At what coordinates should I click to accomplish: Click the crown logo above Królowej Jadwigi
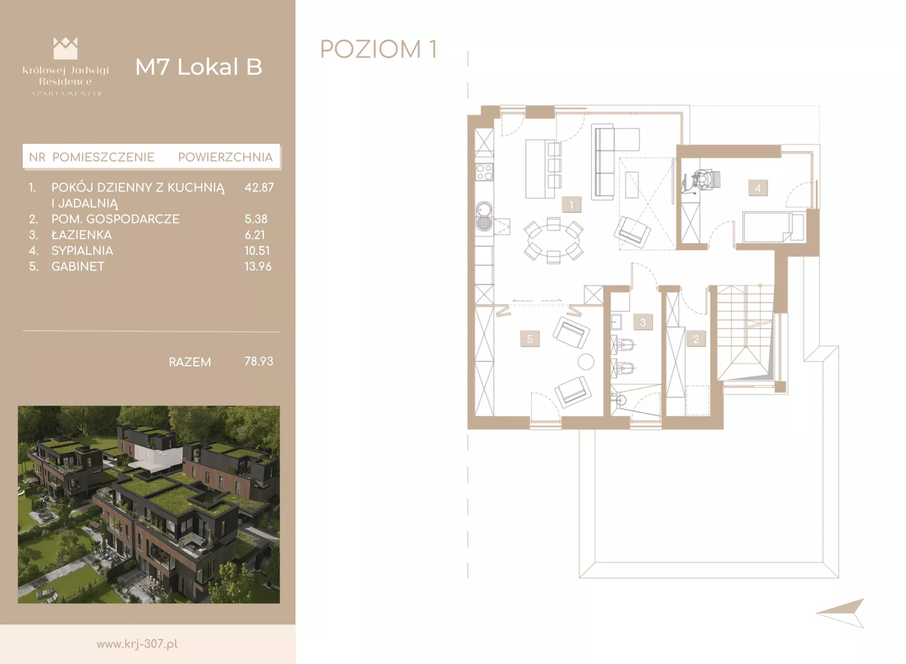pos(66,48)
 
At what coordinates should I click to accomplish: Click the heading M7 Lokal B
pos(199,67)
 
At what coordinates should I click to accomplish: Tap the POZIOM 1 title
pos(378,49)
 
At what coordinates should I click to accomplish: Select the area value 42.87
pos(259,187)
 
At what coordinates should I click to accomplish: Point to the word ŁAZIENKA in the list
pos(82,235)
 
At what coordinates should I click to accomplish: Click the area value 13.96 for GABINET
pos(258,266)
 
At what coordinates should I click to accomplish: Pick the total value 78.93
pos(259,361)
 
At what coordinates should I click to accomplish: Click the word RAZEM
pos(190,362)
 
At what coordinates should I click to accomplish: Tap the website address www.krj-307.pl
pos(137,644)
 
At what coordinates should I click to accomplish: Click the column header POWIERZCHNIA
pos(225,157)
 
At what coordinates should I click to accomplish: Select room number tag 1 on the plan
pos(571,205)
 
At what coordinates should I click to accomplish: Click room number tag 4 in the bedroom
pos(758,188)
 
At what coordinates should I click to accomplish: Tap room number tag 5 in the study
pos(529,339)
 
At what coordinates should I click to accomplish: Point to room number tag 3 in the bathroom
pos(643,322)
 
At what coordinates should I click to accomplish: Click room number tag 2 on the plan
pos(696,339)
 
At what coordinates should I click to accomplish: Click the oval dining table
pos(554,239)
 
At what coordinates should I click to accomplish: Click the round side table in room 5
pos(586,362)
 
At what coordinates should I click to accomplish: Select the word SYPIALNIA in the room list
pos(82,251)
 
